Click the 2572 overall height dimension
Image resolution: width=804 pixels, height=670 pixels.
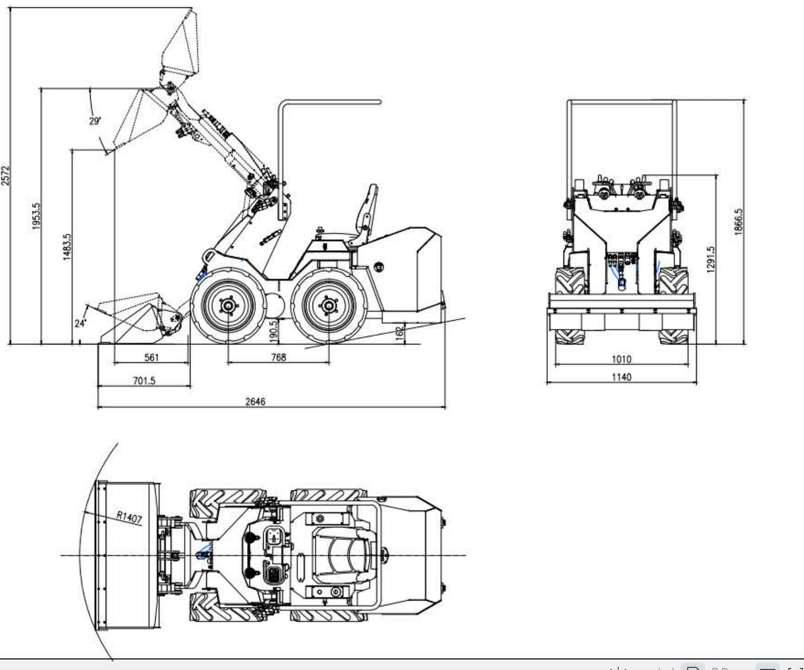(6, 175)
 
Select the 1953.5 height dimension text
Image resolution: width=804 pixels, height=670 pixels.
(36, 216)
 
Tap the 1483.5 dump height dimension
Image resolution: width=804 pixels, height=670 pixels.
(67, 247)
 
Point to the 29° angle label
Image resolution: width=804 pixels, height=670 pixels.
(95, 121)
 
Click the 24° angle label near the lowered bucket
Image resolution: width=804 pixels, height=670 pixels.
(81, 323)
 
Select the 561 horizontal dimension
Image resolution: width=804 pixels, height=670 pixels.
(151, 358)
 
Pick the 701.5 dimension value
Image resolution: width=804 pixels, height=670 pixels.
(144, 381)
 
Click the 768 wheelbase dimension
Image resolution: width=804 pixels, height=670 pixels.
(278, 358)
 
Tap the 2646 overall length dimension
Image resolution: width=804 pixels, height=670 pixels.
(255, 401)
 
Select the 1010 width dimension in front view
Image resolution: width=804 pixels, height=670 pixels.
(622, 359)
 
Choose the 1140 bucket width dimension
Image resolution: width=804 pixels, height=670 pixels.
(622, 377)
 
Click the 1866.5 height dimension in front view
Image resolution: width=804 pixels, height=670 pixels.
(738, 222)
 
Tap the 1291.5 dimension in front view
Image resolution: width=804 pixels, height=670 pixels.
(711, 259)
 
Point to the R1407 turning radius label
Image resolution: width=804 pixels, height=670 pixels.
(129, 517)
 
